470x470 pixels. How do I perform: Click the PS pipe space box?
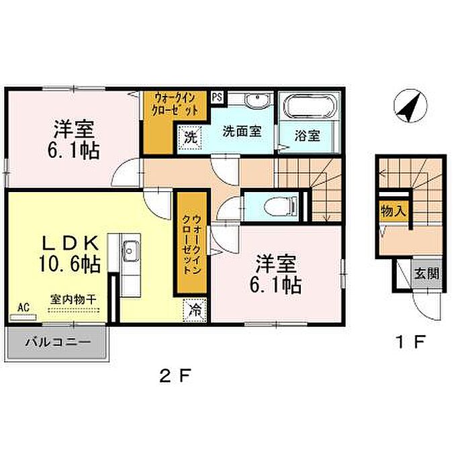[218, 97]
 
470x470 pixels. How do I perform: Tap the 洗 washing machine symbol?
[191, 138]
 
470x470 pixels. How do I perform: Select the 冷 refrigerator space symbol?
[195, 310]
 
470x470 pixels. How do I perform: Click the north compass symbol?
[410, 106]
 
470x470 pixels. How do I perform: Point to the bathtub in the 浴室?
[309, 106]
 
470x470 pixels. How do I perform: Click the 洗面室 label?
[242, 132]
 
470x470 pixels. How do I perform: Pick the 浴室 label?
[308, 136]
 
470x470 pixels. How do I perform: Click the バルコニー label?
[58, 342]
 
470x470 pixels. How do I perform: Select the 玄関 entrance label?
[426, 274]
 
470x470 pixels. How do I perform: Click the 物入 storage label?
[393, 211]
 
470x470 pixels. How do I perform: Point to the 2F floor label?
[175, 375]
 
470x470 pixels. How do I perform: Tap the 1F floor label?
[410, 342]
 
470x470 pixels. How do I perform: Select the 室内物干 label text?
[73, 299]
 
